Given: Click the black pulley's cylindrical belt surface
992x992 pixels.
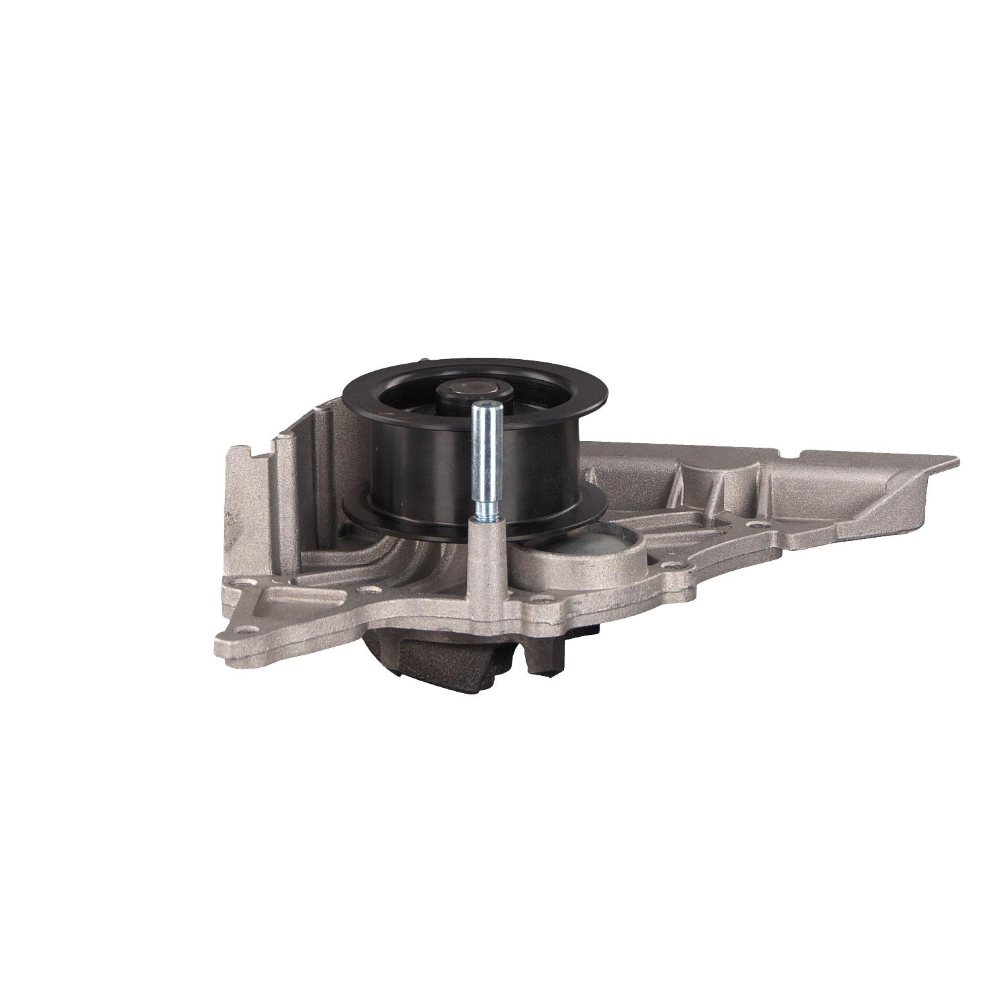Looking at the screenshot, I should click(x=423, y=463).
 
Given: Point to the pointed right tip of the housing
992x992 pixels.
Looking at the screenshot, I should click(x=952, y=460).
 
